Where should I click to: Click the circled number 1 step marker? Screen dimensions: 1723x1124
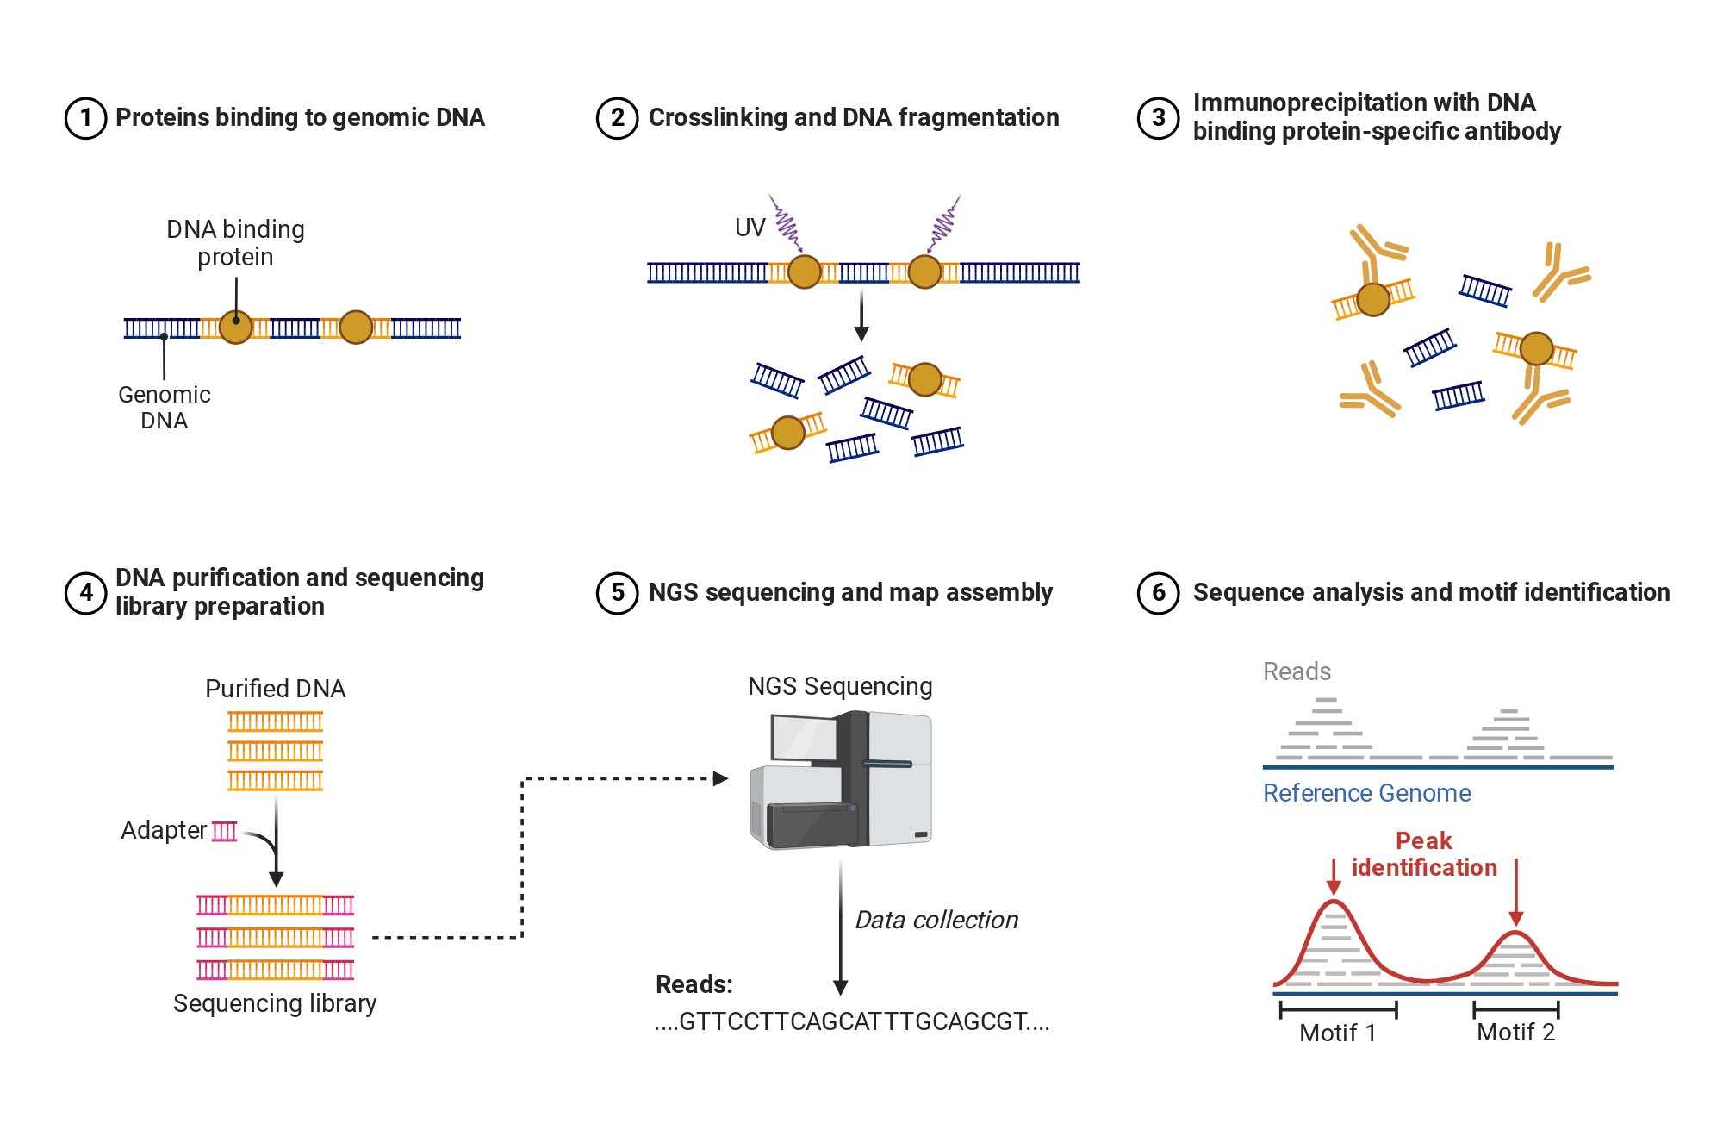86,118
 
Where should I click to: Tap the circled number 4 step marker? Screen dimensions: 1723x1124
86,593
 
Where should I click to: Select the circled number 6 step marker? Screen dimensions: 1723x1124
1159,593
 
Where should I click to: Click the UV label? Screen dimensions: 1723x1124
750,228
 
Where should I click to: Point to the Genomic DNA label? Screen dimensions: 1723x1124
165,408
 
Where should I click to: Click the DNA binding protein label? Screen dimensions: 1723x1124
235,243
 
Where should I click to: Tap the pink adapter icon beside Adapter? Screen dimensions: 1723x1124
225,831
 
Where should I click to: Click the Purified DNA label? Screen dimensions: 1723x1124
276,689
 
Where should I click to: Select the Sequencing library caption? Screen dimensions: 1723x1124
275,1003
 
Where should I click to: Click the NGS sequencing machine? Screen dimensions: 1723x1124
841,780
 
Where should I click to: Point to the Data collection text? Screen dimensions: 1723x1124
936,920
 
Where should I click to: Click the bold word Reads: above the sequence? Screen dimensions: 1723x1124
694,984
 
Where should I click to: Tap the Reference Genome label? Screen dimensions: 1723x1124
1367,793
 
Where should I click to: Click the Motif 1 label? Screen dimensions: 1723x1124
1338,1033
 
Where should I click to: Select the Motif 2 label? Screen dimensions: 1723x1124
1516,1033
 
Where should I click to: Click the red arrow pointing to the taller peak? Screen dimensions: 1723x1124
1334,877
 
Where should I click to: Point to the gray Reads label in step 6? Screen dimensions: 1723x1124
1297,671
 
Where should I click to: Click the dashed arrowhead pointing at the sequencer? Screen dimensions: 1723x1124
721,779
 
